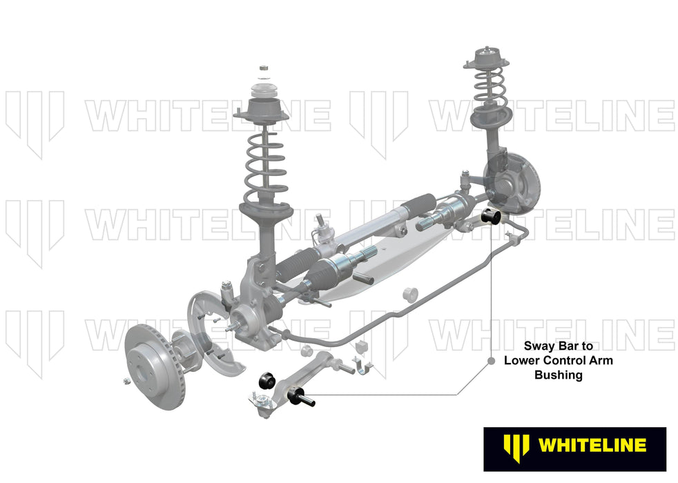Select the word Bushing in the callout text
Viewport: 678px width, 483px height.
[x=559, y=375]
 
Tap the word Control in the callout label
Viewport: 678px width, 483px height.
[x=556, y=360]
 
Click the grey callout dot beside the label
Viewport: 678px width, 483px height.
[x=491, y=361]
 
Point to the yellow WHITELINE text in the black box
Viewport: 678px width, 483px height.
[x=592, y=445]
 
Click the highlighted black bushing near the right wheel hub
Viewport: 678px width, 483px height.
[x=494, y=215]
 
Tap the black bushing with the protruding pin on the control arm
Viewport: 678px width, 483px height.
[x=304, y=396]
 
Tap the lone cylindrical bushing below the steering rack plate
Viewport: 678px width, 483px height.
[x=411, y=292]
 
